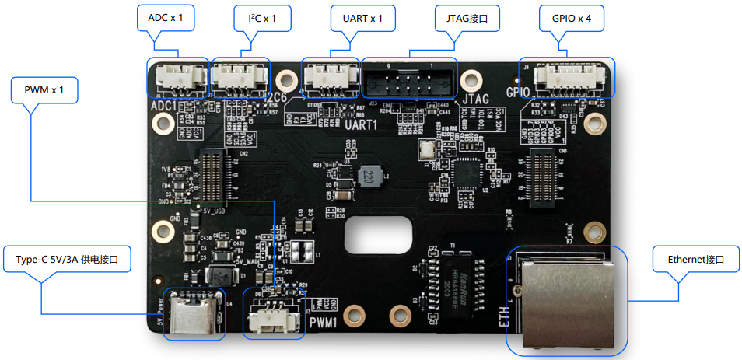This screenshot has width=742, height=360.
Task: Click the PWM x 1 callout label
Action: point(44,91)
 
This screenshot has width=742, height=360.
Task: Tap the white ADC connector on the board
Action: point(178,77)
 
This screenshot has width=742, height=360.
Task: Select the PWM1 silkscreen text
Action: point(321,320)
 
